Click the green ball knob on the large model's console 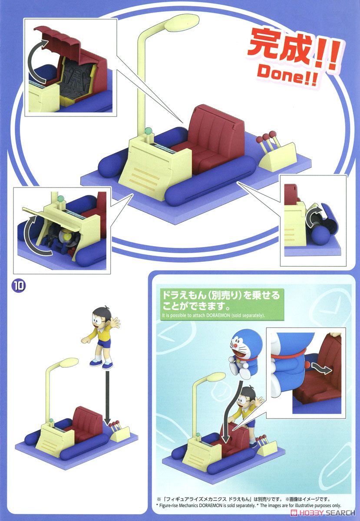[148, 132]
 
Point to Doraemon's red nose [235, 346]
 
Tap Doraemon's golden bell [238, 360]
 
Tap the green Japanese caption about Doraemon [221, 301]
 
